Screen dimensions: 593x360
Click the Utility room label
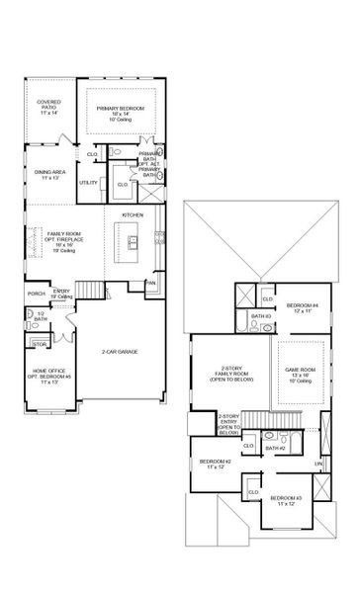click(x=88, y=182)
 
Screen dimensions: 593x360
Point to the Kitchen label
click(x=133, y=213)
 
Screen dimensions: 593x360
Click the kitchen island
click(x=131, y=237)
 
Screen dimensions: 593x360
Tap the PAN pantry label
click(x=150, y=284)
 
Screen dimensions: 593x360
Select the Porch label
click(x=37, y=294)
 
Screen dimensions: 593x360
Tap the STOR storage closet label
click(x=40, y=343)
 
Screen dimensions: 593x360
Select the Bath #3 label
click(x=260, y=316)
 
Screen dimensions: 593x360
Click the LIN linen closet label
click(x=319, y=464)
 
